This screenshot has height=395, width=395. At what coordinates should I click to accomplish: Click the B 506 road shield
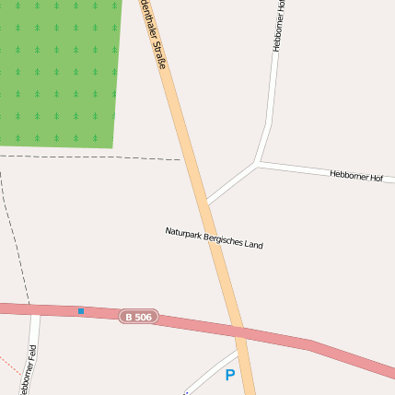(138, 317)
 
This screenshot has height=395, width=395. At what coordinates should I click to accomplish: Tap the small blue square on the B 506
(81, 311)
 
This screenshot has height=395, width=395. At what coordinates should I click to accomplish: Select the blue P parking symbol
(230, 375)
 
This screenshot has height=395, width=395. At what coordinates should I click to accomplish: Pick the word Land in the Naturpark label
(254, 245)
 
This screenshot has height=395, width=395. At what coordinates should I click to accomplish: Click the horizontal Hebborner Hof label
(355, 176)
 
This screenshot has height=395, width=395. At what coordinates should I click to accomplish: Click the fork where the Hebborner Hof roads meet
(258, 163)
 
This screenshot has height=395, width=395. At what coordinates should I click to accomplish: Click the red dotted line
(9, 363)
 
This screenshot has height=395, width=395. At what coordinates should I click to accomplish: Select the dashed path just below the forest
(92, 157)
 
